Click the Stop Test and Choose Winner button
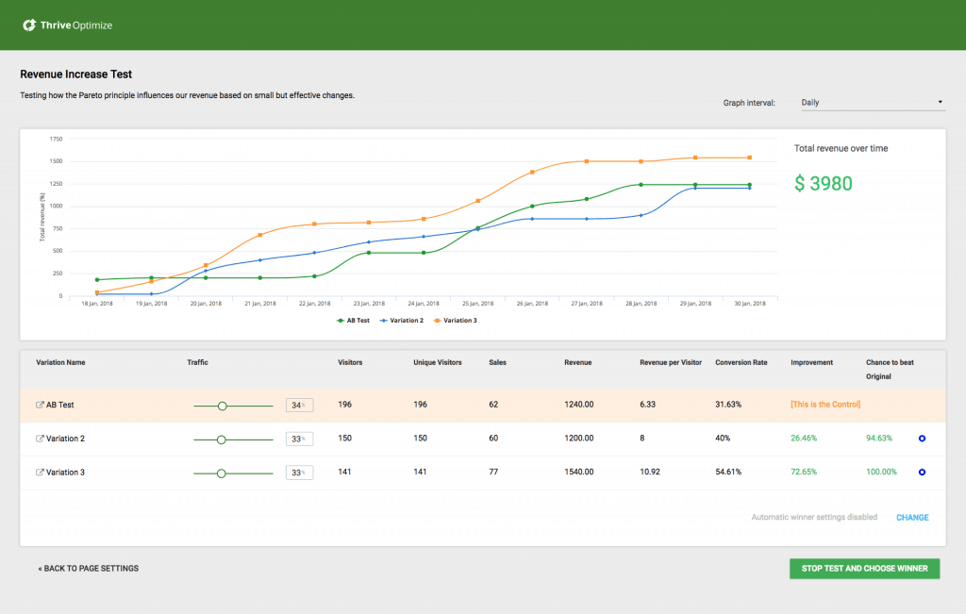coord(864,568)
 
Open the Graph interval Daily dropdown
coord(872,102)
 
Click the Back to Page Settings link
coord(89,569)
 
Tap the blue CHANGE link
coord(912,518)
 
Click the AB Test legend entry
coord(354,321)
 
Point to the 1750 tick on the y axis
coord(55,139)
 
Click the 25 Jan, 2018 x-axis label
coord(477,304)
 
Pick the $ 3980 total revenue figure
coord(824,184)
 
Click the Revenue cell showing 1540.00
coord(579,473)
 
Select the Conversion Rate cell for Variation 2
coord(724,439)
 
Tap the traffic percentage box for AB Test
coord(299,406)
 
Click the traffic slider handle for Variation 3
coord(222,473)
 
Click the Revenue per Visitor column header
coord(671,363)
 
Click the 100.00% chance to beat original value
coord(881,473)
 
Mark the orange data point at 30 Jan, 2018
coord(750,158)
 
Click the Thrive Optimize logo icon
coord(30,25)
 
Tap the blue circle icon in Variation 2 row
coord(923,439)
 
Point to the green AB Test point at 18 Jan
coord(97,280)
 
